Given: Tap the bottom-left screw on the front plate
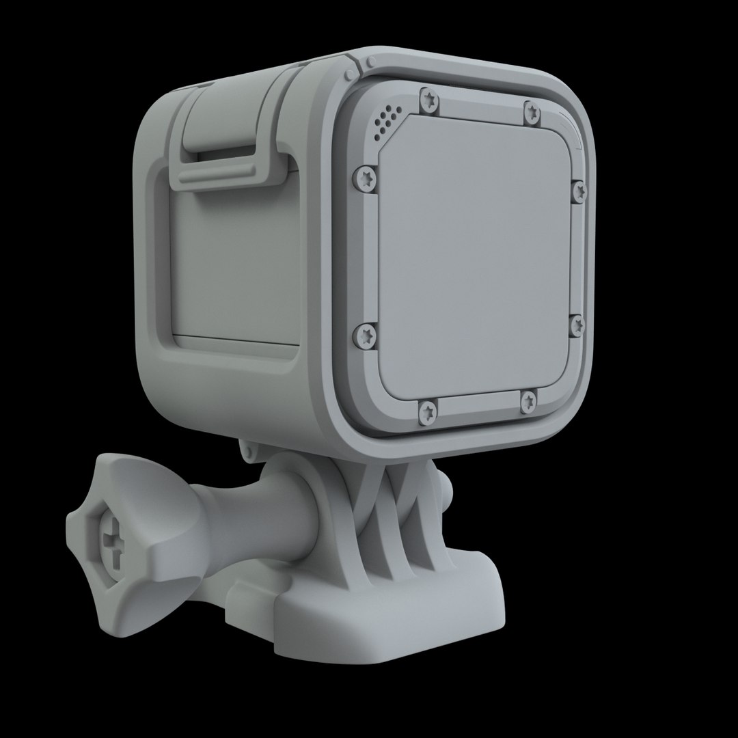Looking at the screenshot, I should coord(428,410).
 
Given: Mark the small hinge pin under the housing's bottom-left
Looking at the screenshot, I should coord(248,450).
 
